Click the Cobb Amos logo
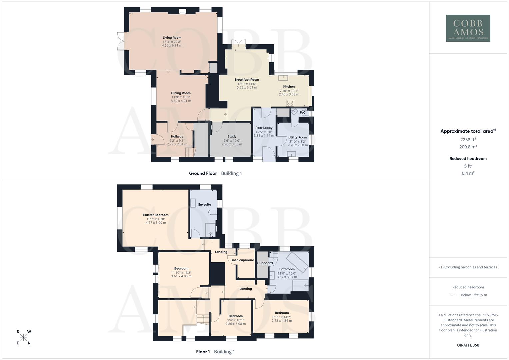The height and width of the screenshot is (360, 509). pyautogui.click(x=468, y=28)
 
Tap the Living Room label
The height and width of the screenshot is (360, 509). pyautogui.click(x=172, y=38)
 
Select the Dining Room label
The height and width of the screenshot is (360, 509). pyautogui.click(x=181, y=93)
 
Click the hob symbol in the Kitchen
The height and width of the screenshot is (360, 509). pyautogui.click(x=290, y=103)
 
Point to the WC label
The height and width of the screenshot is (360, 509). pyautogui.click(x=303, y=113)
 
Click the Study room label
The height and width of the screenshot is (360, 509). pyautogui.click(x=232, y=136)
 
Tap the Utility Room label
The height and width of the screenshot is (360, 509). pyautogui.click(x=298, y=137)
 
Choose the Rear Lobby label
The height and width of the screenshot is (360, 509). pyautogui.click(x=264, y=128)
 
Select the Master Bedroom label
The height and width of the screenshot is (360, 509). pyautogui.click(x=156, y=215)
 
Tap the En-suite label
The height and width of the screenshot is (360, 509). pyautogui.click(x=204, y=204)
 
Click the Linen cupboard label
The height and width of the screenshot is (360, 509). pyautogui.click(x=242, y=260)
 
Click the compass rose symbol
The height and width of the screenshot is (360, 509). pyautogui.click(x=23, y=337)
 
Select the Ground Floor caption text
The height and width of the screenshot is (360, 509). pyautogui.click(x=203, y=173)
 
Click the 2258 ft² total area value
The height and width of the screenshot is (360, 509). pyautogui.click(x=468, y=140)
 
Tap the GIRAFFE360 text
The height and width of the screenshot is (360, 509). pyautogui.click(x=468, y=345)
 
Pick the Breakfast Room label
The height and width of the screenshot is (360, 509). pyautogui.click(x=247, y=80)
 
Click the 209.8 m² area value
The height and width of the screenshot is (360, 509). pyautogui.click(x=468, y=147)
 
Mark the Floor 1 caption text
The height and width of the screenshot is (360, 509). pyautogui.click(x=203, y=352)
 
